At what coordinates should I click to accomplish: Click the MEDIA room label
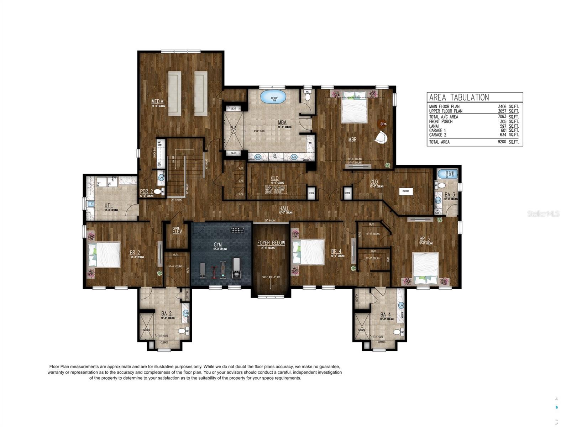157,102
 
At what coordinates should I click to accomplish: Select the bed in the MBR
354,111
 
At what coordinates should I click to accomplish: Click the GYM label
217,245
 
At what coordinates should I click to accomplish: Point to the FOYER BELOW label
271,243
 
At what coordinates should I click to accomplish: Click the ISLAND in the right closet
405,191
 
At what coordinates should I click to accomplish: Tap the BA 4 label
385,315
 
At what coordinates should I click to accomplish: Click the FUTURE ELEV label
177,231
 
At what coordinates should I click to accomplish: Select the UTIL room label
109,206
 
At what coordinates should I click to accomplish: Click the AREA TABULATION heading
459,97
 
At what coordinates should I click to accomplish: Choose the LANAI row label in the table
434,126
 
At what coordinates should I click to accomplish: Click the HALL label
284,209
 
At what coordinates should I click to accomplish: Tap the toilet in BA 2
182,331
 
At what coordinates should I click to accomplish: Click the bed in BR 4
308,252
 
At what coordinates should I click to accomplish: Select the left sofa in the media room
174,93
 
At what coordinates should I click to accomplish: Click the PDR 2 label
146,191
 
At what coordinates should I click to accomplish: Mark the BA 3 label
450,195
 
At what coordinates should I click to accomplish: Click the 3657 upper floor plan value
502,111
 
